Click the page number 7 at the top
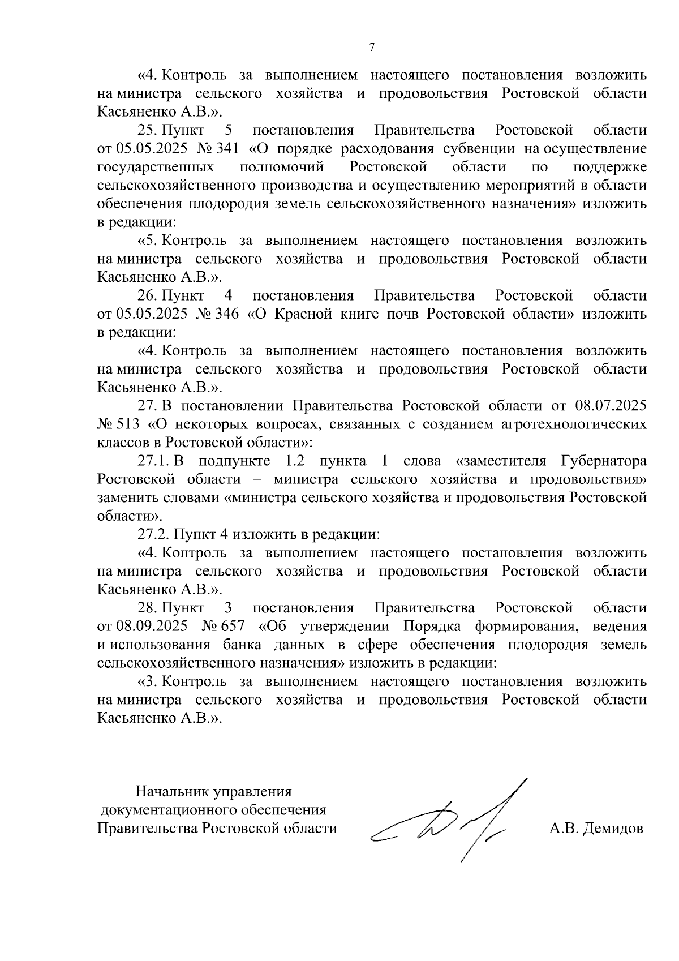pos(372,48)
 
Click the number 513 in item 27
pos(129,424)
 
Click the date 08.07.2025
pos(611,406)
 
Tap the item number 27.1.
pos(154,461)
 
